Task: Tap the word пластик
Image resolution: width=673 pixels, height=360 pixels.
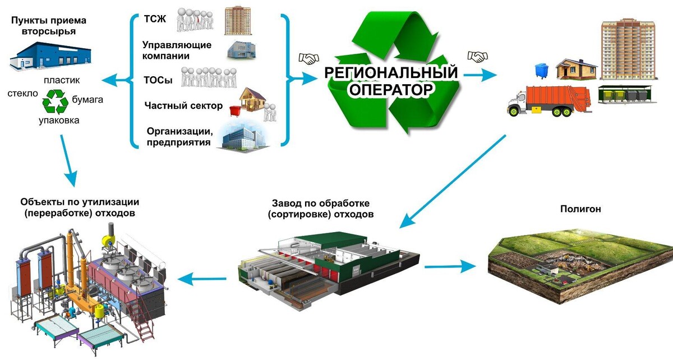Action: click(x=65, y=80)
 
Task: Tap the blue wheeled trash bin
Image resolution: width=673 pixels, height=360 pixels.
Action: click(x=541, y=71)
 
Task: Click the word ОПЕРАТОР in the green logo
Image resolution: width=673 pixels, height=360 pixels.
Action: click(x=393, y=90)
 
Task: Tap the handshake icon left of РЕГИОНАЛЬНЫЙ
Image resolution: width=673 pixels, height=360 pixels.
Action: click(x=308, y=58)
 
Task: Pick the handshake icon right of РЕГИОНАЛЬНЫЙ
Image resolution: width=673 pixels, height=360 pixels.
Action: click(x=477, y=57)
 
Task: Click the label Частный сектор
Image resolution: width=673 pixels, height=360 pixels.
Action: click(x=183, y=106)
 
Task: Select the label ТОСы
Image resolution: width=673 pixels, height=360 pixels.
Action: click(x=158, y=80)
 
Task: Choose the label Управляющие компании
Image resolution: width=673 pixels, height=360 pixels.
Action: click(x=177, y=50)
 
